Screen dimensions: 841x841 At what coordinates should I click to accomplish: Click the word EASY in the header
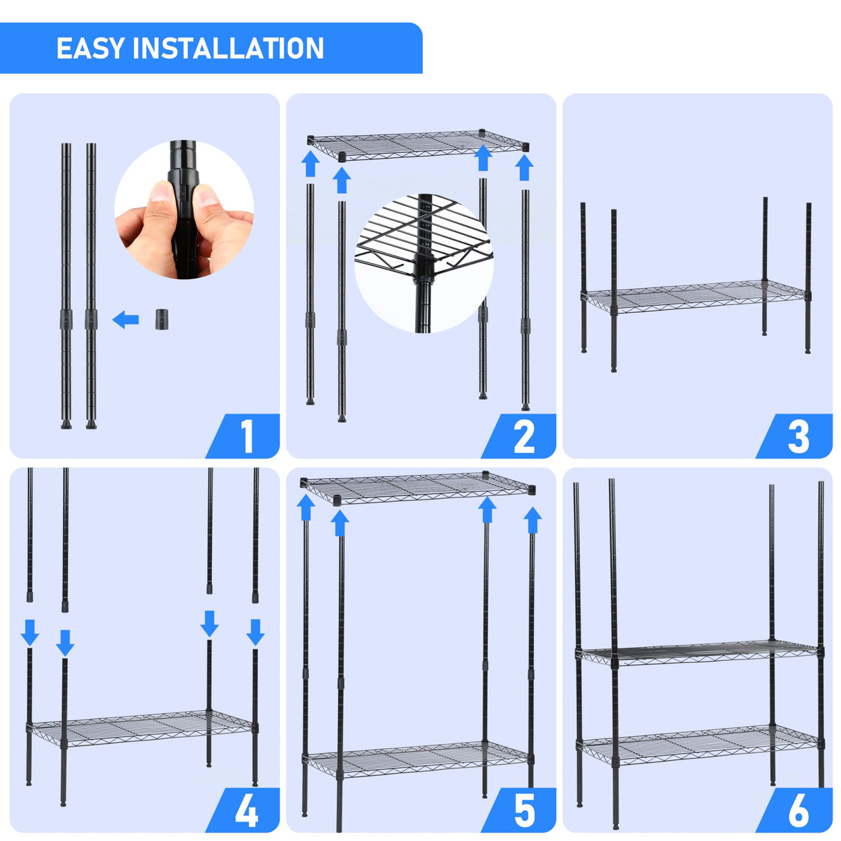click(91, 48)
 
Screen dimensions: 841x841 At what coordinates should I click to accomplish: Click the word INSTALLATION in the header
click(228, 48)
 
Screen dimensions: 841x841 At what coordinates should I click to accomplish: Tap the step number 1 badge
click(247, 437)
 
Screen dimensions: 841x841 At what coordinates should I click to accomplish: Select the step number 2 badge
click(524, 437)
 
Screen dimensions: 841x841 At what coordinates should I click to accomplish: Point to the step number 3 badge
click(798, 437)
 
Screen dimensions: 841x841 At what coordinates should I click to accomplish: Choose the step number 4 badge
click(247, 810)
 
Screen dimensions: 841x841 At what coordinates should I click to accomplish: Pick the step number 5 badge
click(524, 810)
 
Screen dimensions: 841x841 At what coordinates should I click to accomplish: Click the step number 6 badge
click(798, 810)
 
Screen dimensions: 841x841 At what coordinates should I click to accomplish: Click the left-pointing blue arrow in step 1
click(125, 319)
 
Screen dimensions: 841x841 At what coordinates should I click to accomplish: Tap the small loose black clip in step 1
click(161, 319)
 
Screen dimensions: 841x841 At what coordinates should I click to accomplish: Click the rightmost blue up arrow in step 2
click(524, 168)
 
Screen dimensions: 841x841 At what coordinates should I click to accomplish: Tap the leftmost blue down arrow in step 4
click(30, 632)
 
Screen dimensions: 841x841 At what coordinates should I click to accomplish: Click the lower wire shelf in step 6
click(700, 743)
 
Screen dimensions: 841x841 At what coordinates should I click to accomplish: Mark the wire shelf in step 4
click(142, 727)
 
